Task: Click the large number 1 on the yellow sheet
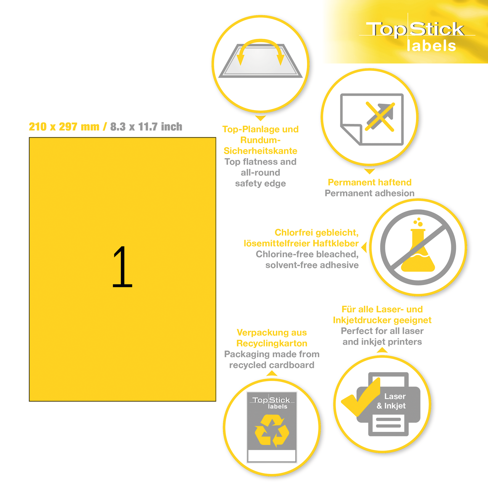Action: point(122,267)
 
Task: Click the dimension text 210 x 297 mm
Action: point(64,127)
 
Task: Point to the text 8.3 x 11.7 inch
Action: point(146,127)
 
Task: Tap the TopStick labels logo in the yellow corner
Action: point(416,36)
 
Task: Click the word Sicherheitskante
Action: point(260,151)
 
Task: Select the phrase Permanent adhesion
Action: point(369,193)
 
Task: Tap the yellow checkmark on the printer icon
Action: point(361,398)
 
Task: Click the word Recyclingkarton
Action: point(272,343)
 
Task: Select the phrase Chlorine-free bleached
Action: point(307,254)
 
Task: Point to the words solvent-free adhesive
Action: point(312,265)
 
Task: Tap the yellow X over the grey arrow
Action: point(380,116)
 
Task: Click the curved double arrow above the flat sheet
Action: point(260,50)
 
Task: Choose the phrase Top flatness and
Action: point(260,162)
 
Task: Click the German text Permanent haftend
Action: point(369,182)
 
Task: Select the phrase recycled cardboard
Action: point(272,365)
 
